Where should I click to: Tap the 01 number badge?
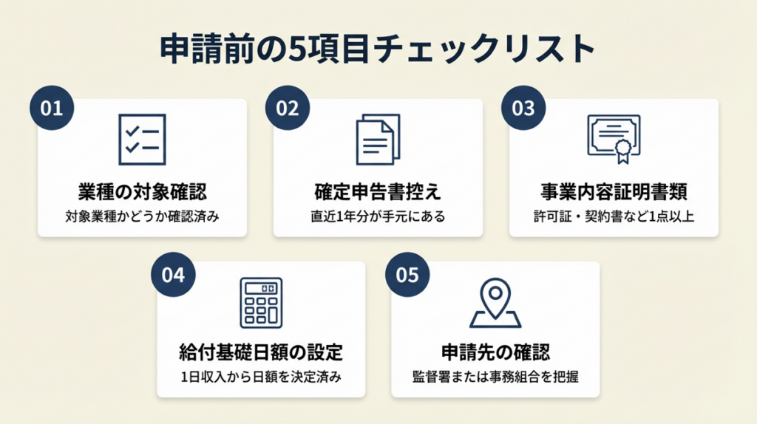tap(52, 108)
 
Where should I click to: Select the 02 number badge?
tap(288, 108)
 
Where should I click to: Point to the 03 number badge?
tap(523, 108)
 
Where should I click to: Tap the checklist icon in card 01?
tap(142, 140)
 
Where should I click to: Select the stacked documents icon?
tap(378, 140)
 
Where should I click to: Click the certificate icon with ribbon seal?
tap(614, 138)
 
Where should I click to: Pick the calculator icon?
tap(261, 302)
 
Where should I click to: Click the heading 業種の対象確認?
tap(142, 192)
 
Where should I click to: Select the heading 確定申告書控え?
tap(378, 192)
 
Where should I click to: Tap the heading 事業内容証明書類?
tap(614, 192)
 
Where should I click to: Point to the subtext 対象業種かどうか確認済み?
tap(142, 217)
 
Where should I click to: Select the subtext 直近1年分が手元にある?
tap(378, 217)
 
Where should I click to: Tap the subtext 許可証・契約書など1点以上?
tap(614, 217)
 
